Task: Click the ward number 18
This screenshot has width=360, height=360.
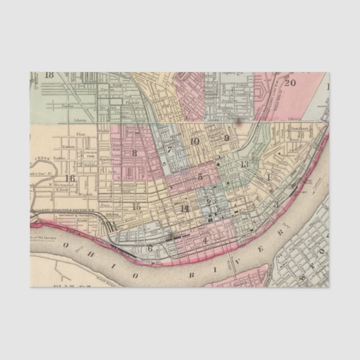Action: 49,75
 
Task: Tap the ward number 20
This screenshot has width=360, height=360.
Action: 290,83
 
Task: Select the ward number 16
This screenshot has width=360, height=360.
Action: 69,179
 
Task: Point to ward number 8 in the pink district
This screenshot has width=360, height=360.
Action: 134,153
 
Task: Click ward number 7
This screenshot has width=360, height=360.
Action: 169,150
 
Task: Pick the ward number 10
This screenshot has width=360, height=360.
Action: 194,141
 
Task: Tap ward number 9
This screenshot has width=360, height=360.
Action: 226,138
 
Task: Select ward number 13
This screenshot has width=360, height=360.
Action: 244,164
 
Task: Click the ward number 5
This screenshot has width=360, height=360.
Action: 200,177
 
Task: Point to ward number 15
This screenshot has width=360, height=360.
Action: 136,206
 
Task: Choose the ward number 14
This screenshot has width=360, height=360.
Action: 185,209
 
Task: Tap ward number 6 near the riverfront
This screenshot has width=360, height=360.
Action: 149,249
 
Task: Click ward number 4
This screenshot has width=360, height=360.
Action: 205,241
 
